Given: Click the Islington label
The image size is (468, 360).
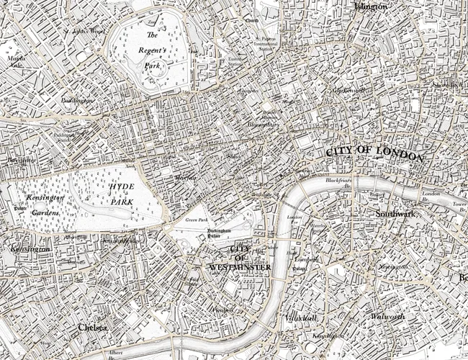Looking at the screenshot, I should click(371, 6).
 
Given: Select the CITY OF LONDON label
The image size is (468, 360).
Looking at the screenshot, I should click(375, 152).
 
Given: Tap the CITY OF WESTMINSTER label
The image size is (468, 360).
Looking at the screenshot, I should click(239, 258).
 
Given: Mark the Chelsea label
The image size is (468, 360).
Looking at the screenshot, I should click(92, 328).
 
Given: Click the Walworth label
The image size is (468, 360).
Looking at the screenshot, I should click(387, 316).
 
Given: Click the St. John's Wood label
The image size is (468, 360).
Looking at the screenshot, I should click(85, 31).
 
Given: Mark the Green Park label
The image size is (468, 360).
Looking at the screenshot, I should click(195, 220).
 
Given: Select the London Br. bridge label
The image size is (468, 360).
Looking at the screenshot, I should click(431, 197).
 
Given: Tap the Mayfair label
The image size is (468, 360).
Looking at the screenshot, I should click(185, 176).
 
